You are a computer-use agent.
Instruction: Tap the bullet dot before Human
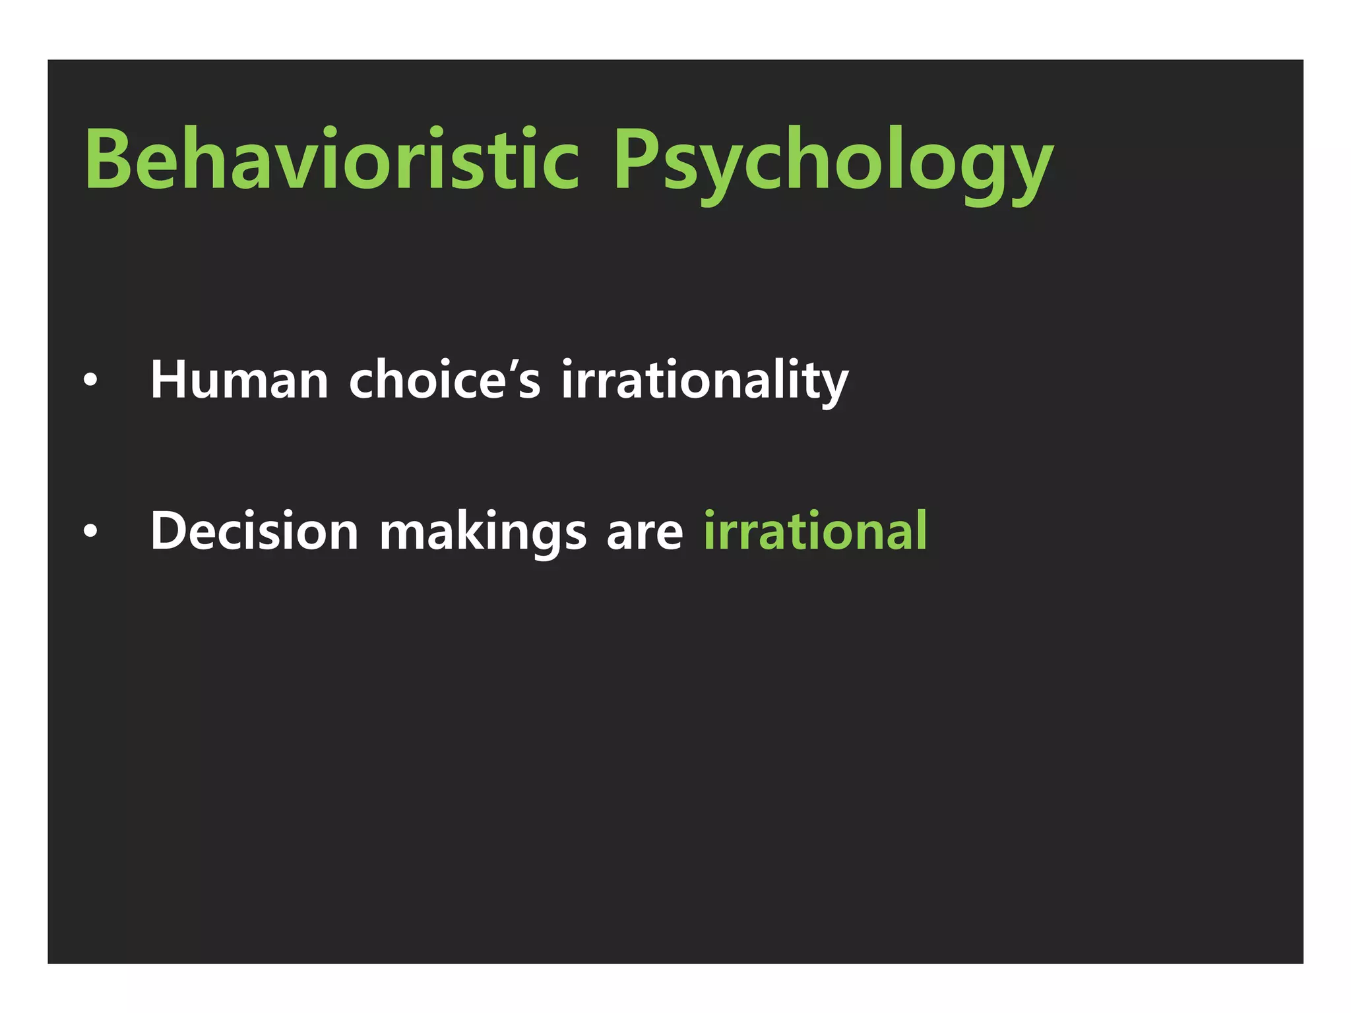90,381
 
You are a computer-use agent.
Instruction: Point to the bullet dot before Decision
90,531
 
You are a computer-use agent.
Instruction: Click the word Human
239,381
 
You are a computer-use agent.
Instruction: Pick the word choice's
444,381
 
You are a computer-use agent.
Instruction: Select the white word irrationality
705,381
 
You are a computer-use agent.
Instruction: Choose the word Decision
254,531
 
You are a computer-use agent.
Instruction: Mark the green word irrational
815,531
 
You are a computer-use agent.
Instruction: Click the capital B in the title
108,160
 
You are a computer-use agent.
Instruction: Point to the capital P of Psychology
635,160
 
